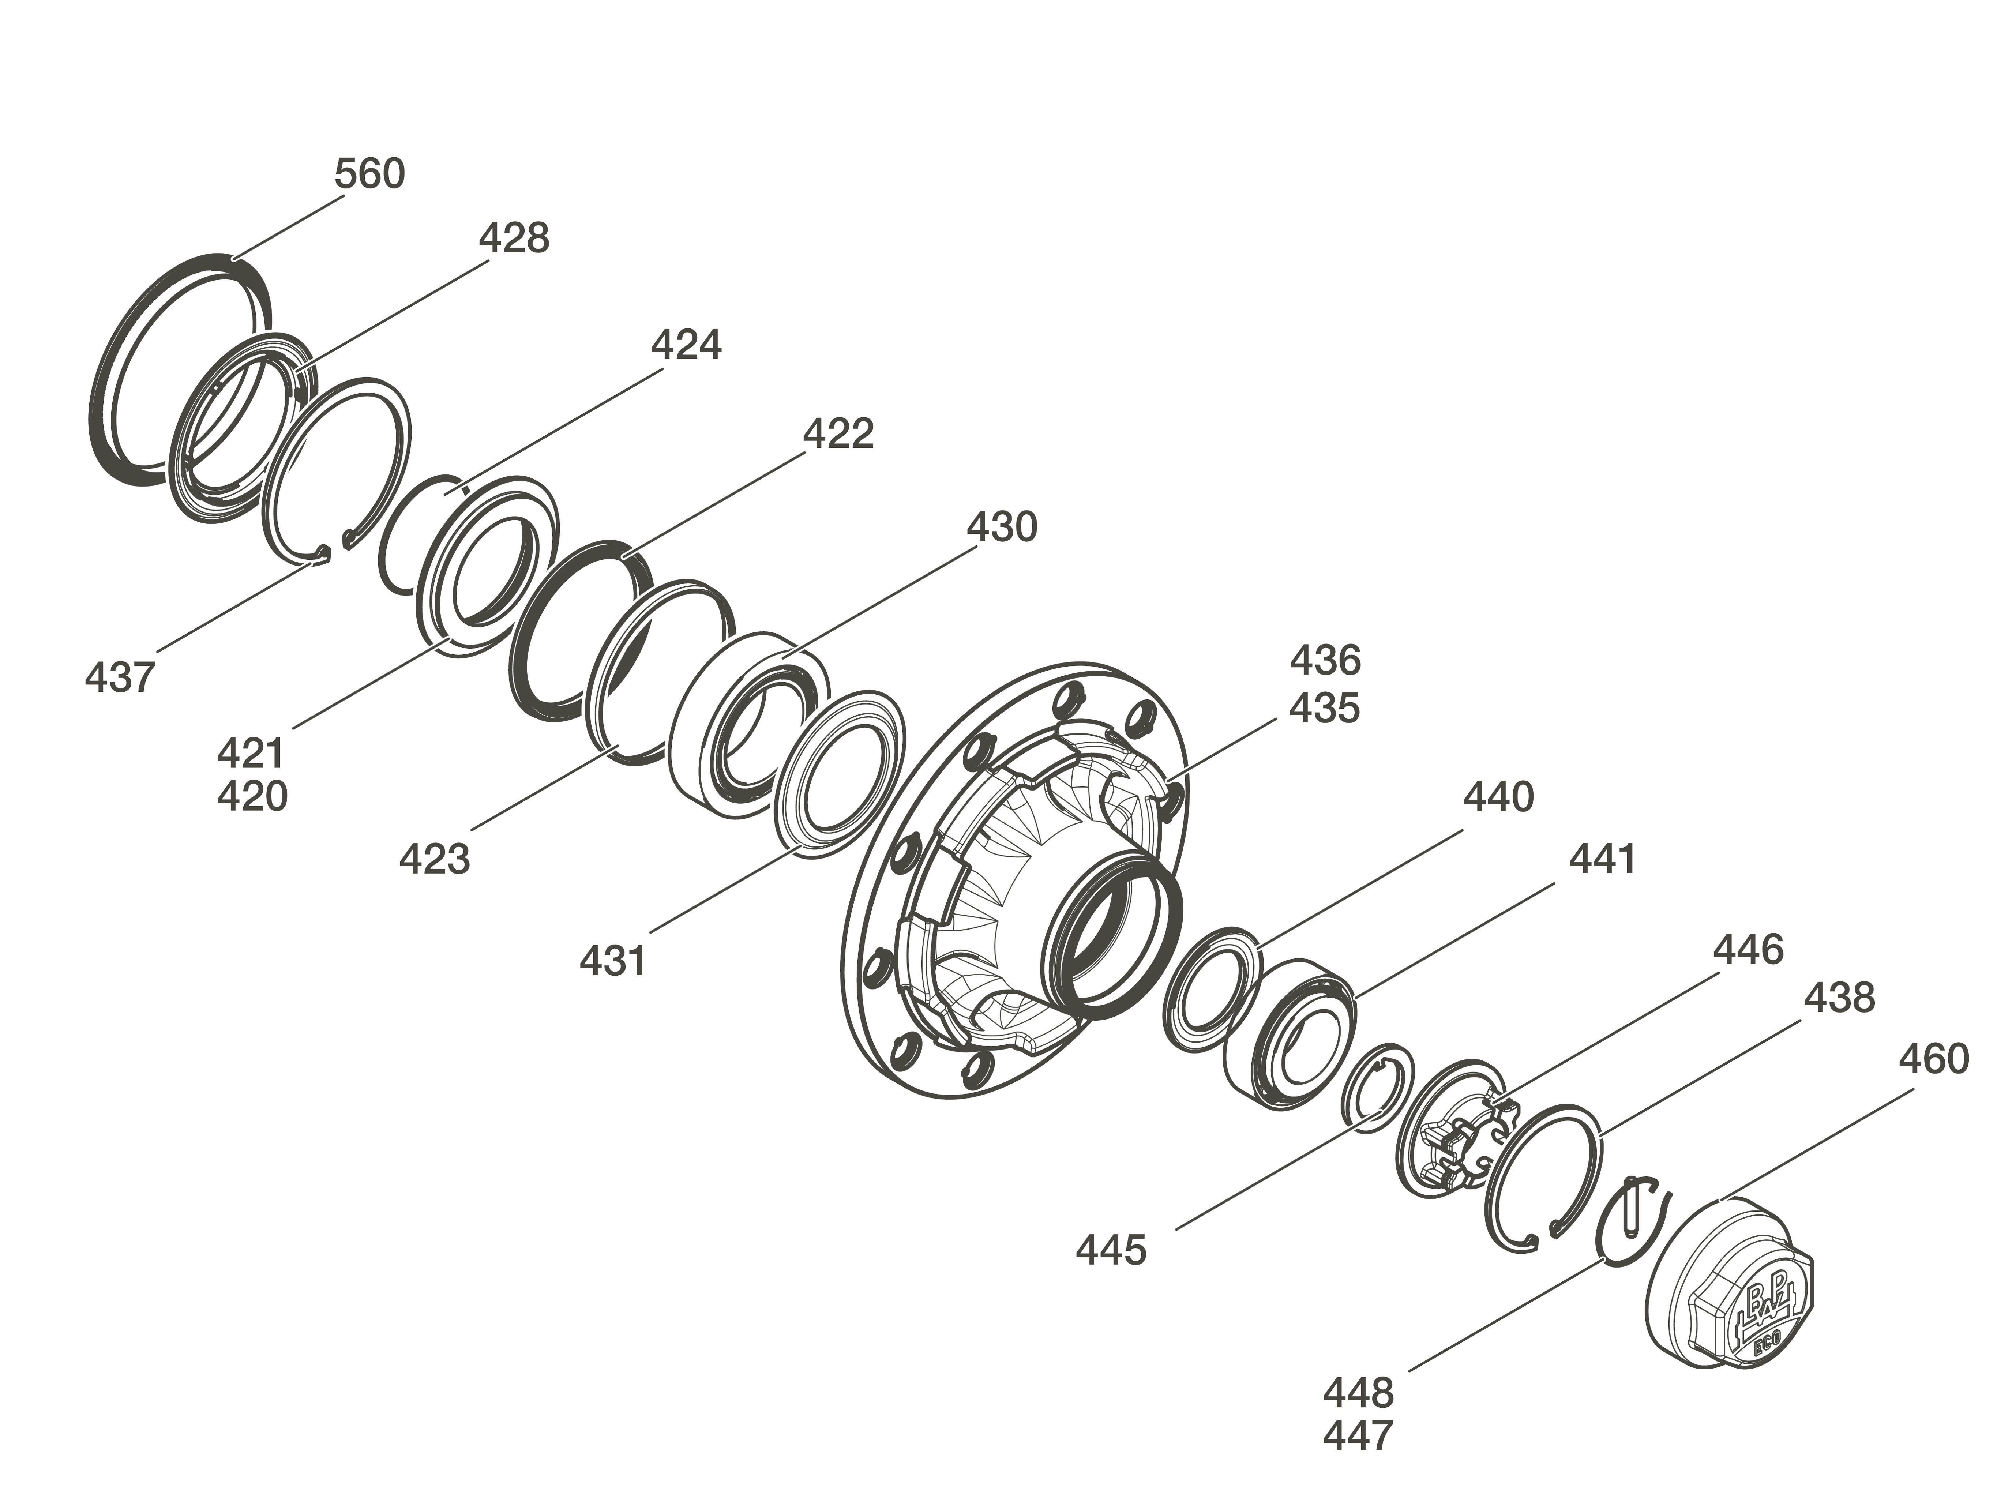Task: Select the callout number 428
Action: pyautogui.click(x=513, y=239)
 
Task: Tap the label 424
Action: pyautogui.click(x=686, y=345)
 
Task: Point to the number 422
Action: pyautogui.click(x=838, y=434)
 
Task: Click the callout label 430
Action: pyautogui.click(x=1001, y=527)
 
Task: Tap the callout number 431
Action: pyautogui.click(x=613, y=961)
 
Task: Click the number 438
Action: pyautogui.click(x=1839, y=998)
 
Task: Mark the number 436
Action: pyautogui.click(x=1325, y=661)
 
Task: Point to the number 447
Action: pyautogui.click(x=1357, y=1435)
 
